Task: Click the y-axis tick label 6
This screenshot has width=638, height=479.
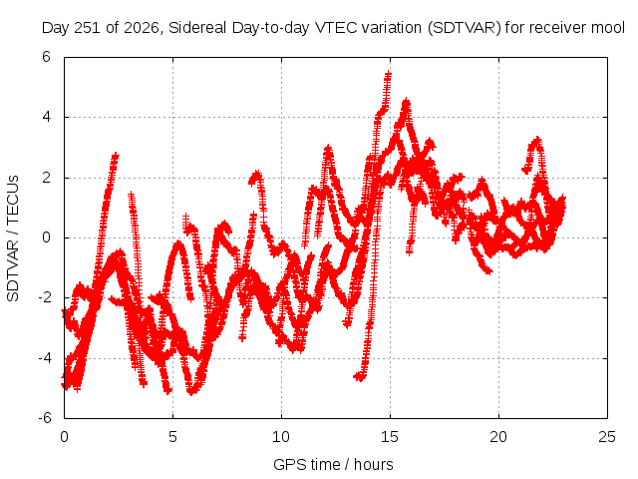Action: (46, 57)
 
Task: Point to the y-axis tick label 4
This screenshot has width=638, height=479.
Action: (46, 117)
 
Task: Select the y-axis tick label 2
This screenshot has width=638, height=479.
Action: (46, 178)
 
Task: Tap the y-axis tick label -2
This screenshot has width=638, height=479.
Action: (44, 297)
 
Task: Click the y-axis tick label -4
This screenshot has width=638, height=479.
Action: (44, 358)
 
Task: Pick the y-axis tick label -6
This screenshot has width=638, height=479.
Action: (44, 418)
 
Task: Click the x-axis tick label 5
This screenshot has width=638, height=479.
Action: (172, 437)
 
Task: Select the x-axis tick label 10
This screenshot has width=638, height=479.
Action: (281, 437)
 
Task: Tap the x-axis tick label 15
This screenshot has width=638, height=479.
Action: (390, 437)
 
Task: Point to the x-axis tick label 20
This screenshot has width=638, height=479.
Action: (498, 437)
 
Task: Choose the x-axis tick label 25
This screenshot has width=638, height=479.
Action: (607, 437)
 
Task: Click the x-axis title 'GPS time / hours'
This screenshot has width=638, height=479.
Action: (333, 465)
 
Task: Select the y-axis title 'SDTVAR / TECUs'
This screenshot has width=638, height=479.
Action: (13, 239)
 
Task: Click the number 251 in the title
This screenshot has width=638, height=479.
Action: (88, 28)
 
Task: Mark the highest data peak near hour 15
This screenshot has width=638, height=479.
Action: (388, 74)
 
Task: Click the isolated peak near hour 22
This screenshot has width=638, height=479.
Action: (537, 140)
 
